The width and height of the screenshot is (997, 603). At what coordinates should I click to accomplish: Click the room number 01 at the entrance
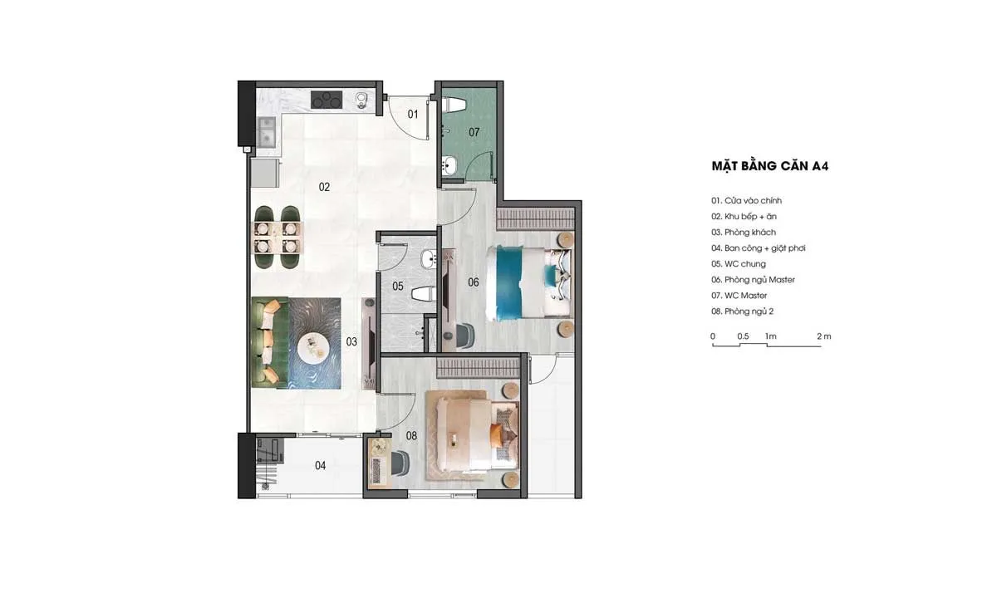tap(413, 115)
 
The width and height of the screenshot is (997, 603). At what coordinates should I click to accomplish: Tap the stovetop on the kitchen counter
tap(327, 100)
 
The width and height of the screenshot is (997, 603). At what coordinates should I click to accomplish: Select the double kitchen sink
tap(267, 132)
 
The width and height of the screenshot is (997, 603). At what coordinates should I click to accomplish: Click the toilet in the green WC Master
tap(454, 105)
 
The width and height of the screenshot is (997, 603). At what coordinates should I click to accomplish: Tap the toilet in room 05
tap(424, 294)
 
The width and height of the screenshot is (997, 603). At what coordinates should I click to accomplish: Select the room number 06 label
tap(473, 282)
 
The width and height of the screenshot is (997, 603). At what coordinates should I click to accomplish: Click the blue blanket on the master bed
tap(512, 283)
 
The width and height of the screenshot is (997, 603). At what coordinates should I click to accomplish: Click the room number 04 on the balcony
tap(320, 465)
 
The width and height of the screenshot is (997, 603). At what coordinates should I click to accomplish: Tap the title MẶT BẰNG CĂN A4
tap(770, 166)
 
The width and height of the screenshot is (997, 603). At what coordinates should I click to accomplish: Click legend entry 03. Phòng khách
tap(744, 233)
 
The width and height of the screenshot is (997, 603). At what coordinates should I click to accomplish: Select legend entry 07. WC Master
tap(739, 296)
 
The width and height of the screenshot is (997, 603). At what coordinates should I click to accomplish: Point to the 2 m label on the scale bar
tap(824, 336)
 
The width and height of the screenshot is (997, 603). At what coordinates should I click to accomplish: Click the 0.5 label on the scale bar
tap(743, 336)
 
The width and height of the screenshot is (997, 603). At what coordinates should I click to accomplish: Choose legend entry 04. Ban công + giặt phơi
tap(758, 248)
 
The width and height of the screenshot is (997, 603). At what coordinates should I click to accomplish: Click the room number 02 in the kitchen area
tap(324, 187)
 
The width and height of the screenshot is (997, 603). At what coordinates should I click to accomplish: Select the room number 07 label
tap(474, 132)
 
